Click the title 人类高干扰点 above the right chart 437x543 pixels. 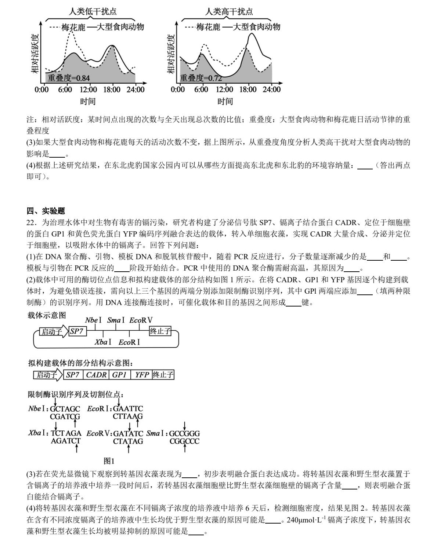(229, 11)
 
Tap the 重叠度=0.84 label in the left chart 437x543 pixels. (68, 78)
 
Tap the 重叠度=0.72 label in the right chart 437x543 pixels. (201, 78)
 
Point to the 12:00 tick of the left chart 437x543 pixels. (88, 89)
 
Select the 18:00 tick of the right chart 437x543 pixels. (248, 89)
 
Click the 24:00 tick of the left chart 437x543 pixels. (136, 89)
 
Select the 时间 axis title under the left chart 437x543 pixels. (88, 101)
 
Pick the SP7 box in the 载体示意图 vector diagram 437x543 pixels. (77, 332)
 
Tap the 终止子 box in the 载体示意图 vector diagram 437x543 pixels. (160, 331)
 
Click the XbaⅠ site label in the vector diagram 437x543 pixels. (103, 342)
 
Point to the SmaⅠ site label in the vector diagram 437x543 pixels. (116, 320)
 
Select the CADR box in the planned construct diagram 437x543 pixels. (96, 375)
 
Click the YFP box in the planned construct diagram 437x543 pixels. (142, 375)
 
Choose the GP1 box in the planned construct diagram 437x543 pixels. (119, 375)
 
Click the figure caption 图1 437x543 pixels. (109, 461)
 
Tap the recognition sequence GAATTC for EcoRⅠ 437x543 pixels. (128, 408)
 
